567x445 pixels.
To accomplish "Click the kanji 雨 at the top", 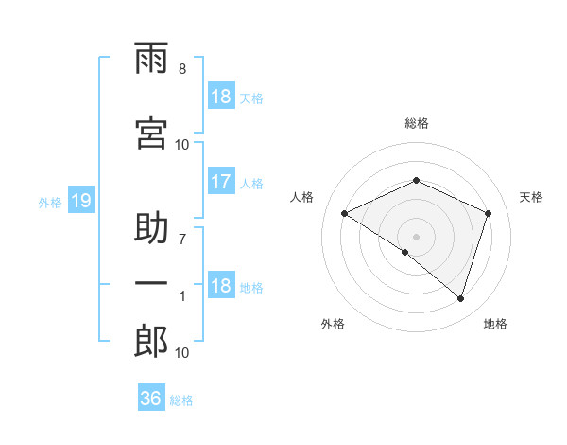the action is click(x=151, y=58).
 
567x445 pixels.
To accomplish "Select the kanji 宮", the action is click(x=151, y=133).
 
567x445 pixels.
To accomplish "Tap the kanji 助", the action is click(x=151, y=227).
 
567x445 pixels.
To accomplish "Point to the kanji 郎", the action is click(x=151, y=341).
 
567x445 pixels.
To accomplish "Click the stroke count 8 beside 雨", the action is click(x=182, y=69).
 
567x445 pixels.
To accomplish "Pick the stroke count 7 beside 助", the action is click(x=182, y=240).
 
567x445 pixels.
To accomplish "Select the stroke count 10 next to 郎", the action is click(x=181, y=353).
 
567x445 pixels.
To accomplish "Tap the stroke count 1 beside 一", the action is click(x=182, y=296).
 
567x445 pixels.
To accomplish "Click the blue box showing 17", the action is click(x=221, y=181).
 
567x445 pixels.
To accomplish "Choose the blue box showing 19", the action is click(x=81, y=200).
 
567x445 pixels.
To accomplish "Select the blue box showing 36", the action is click(x=151, y=397).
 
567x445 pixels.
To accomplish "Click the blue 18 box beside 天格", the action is click(x=221, y=96).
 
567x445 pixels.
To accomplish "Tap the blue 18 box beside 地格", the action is click(x=221, y=284).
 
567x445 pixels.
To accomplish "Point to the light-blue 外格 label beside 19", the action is click(x=50, y=203).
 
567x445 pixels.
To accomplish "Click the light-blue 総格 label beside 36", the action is click(x=181, y=400).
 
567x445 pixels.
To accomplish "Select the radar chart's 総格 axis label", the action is click(x=417, y=123).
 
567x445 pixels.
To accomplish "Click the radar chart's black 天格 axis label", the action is click(x=531, y=197).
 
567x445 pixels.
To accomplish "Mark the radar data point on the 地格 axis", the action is click(x=460, y=298).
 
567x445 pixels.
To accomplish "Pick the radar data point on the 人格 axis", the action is click(x=344, y=213).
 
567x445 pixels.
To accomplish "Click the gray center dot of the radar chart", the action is click(x=416, y=237).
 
